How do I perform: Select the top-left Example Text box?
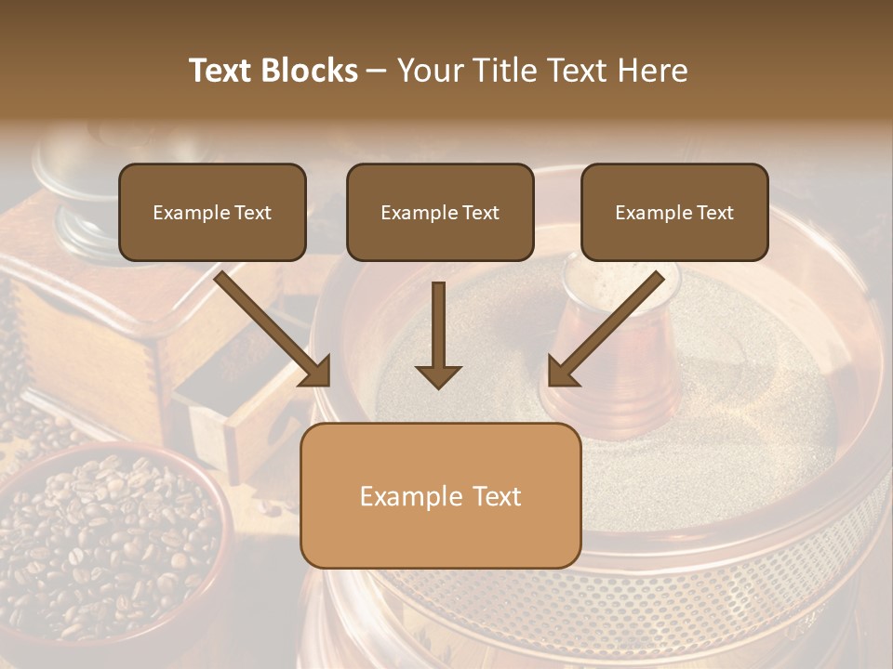point(212,213)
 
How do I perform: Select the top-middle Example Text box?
point(440,213)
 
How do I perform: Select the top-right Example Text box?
point(674,213)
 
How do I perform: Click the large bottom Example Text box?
point(440,496)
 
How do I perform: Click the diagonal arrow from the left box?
point(275,330)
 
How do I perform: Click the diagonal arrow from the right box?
point(605,330)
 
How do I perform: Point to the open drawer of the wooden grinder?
point(219,409)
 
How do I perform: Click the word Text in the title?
point(223,71)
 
